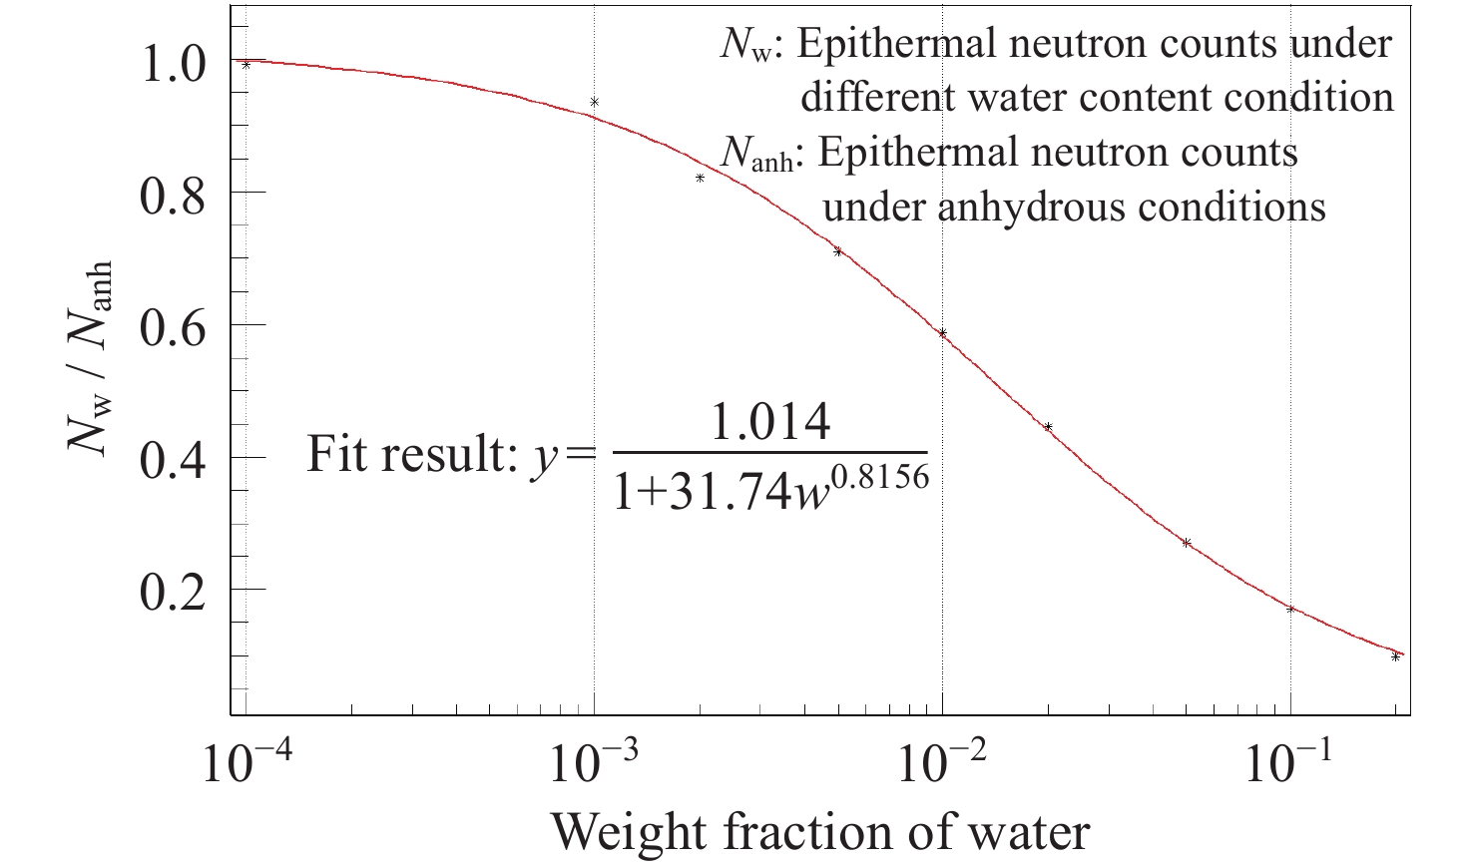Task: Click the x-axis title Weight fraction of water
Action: click(819, 831)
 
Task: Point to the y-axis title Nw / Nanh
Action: click(90, 358)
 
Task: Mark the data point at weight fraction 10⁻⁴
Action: click(245, 65)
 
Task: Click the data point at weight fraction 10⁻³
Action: click(595, 102)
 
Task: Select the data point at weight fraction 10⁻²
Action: click(942, 333)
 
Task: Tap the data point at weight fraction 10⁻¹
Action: click(1290, 609)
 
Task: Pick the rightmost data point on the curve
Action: click(1395, 656)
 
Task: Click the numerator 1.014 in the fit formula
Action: click(768, 423)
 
